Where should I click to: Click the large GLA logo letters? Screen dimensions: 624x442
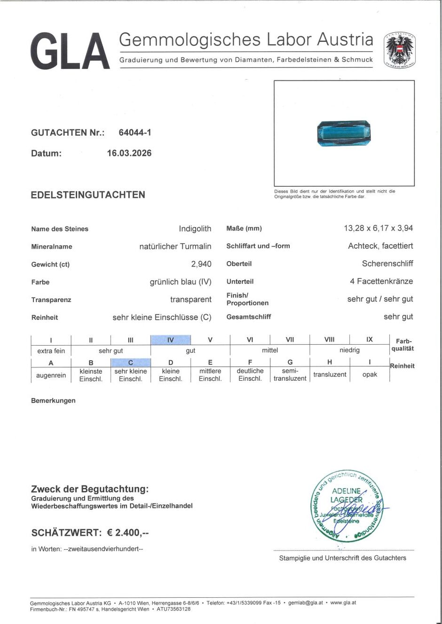point(70,51)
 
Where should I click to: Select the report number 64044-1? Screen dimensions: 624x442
point(135,132)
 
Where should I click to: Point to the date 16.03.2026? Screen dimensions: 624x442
point(129,153)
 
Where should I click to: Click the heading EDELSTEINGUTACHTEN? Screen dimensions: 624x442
point(88,195)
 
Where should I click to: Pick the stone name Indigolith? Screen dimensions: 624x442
point(195,229)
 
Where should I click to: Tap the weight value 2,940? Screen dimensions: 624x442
point(201,264)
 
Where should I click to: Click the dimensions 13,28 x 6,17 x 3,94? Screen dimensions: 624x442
point(378,228)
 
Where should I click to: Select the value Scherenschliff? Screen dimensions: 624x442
point(387,263)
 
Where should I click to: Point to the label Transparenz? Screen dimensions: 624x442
point(51,300)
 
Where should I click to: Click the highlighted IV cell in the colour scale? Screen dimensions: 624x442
point(170,340)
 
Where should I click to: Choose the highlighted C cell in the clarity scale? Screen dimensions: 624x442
point(131,362)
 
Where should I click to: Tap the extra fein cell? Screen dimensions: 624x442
point(51,350)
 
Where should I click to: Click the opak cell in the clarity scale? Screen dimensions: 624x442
point(370,375)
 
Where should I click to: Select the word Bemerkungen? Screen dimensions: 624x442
point(53,401)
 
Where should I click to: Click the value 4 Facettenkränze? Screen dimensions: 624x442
point(381,281)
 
